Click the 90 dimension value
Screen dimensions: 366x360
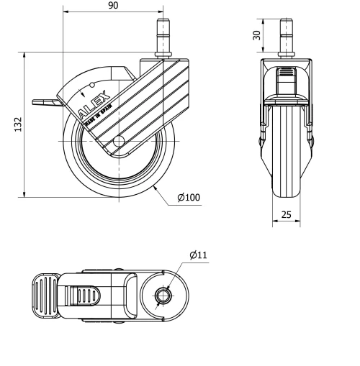(x=113, y=6)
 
